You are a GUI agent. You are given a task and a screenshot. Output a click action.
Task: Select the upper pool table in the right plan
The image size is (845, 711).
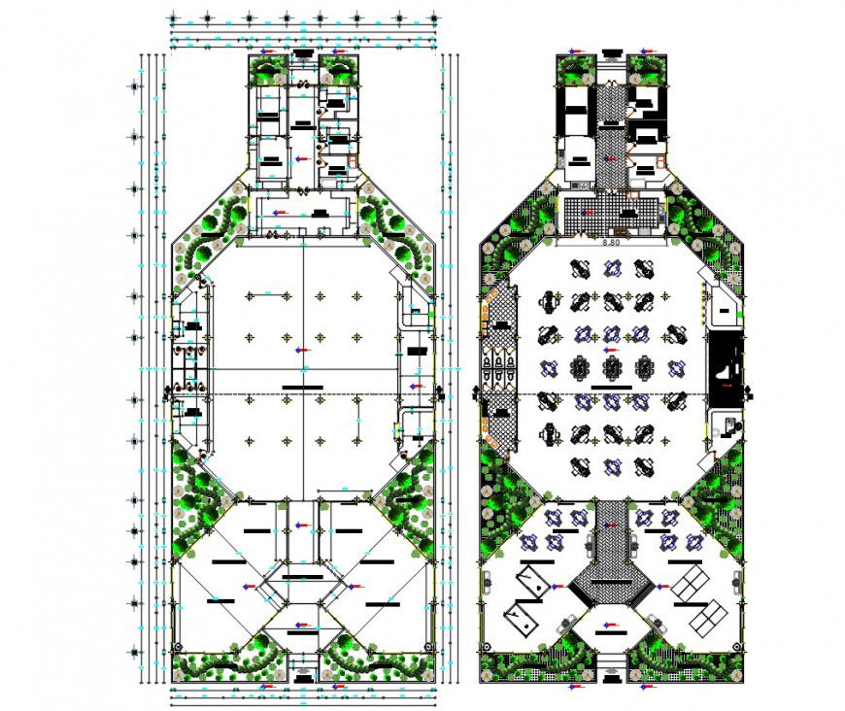point(531,580)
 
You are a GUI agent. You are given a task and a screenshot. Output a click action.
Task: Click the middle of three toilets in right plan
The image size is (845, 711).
point(499,366)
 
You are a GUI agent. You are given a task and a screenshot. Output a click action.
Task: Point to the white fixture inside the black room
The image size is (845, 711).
point(726,370)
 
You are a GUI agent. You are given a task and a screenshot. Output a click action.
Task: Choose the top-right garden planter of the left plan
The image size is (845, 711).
point(339,71)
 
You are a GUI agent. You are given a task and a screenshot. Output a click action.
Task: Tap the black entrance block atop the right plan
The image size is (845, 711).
point(611,53)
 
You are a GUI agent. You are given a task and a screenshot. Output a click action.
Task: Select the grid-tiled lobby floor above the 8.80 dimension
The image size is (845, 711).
point(611,216)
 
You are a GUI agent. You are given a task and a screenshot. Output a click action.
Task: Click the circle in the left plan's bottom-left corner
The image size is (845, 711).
point(176,648)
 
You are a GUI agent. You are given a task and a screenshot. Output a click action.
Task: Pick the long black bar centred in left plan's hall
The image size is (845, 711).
point(303,388)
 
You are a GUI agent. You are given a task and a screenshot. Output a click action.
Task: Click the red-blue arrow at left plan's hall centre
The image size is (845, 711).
point(303,350)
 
